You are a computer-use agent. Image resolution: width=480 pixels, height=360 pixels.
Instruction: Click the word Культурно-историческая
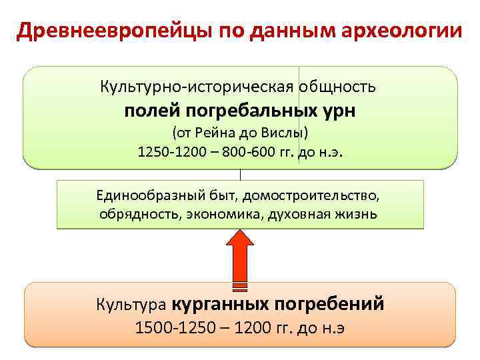point(197,87)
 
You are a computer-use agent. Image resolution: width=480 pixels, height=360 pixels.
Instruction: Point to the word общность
point(338,87)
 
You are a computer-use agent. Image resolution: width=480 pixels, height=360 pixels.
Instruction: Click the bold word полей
point(149,110)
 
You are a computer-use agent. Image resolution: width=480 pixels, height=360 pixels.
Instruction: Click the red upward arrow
point(240,257)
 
